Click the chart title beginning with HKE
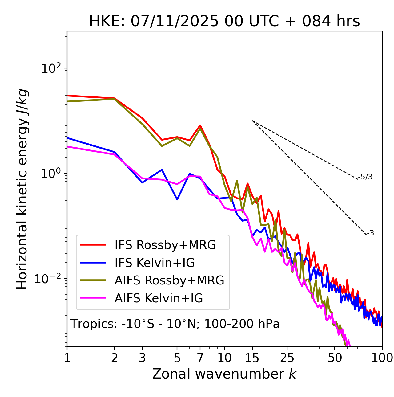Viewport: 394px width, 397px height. coord(224,21)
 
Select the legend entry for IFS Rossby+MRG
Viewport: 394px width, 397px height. coord(165,245)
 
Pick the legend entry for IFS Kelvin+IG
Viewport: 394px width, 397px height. coord(155,263)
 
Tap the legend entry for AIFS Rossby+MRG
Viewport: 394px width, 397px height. coord(169,280)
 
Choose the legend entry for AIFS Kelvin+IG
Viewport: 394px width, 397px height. coord(159,298)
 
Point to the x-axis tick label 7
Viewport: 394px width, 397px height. coord(200,358)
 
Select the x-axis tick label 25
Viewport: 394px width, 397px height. coord(287,358)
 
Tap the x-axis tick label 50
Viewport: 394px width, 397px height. coord(335,358)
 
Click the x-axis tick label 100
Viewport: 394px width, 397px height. coord(382,358)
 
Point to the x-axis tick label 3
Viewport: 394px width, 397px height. coord(142,358)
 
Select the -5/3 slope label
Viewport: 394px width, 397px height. coord(365,177)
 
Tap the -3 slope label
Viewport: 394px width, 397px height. coord(370,233)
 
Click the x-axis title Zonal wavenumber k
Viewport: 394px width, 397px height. coord(224,374)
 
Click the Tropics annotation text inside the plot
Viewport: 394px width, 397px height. coord(175,324)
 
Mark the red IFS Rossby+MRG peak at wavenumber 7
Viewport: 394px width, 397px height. coord(200,125)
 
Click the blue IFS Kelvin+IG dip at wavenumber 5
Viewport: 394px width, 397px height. coord(177,199)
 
